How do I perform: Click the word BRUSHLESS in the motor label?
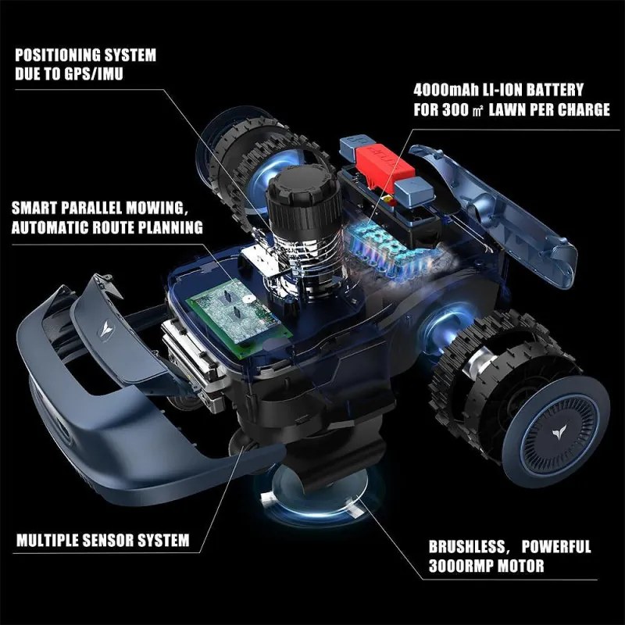(x=466, y=547)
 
